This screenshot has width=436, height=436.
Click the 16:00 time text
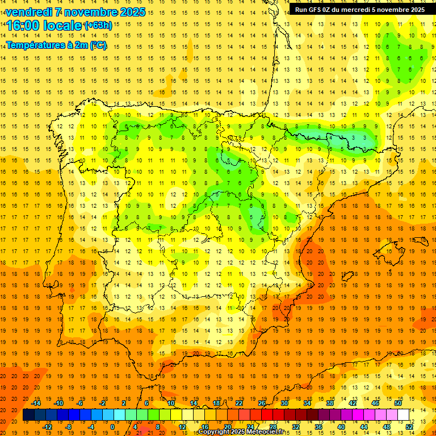[25, 26]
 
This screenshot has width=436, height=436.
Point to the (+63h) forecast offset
[98, 26]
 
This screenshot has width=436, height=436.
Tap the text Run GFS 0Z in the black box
[315, 10]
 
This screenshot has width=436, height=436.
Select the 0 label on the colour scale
[112, 427]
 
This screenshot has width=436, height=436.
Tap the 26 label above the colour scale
[262, 403]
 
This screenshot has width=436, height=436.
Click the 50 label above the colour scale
[398, 403]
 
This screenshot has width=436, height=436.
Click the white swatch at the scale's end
[403, 415]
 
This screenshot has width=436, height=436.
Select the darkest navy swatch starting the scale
[28, 415]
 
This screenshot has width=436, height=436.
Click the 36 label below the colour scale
[318, 427]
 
